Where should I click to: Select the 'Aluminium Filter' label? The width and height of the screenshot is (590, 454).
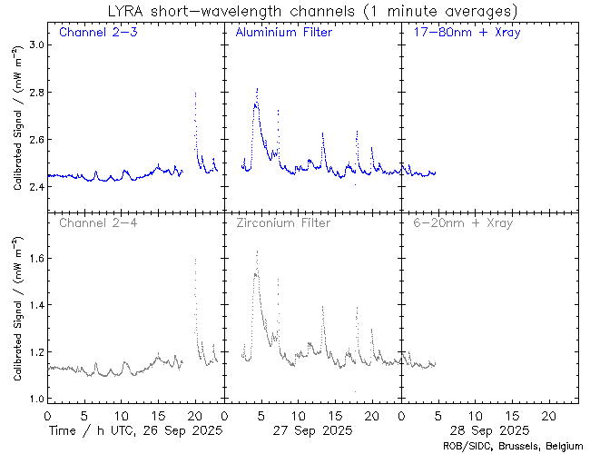pyautogui.click(x=283, y=34)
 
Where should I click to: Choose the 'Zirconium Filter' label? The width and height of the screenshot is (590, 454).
pyautogui.click(x=283, y=222)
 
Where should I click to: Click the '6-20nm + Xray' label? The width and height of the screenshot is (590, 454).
pyautogui.click(x=461, y=222)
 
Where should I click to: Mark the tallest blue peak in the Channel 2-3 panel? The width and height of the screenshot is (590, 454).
pyautogui.click(x=195, y=93)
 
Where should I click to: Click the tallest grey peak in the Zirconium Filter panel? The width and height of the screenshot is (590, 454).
pyautogui.click(x=258, y=252)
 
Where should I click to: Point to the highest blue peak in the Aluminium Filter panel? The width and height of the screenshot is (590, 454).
pyautogui.click(x=258, y=89)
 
